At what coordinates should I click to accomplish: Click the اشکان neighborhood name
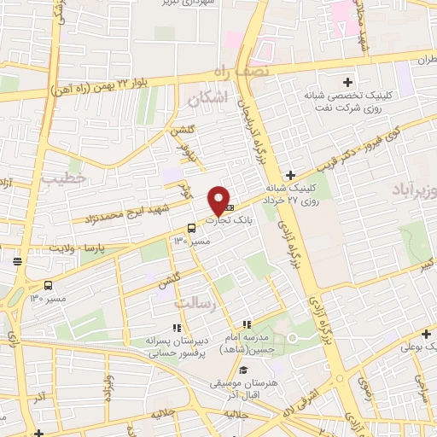click(209, 101)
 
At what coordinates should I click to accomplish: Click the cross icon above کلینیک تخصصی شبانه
click(347, 83)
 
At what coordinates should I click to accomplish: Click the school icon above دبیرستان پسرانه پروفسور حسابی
click(177, 327)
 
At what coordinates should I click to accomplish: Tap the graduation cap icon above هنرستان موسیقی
click(244, 370)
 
